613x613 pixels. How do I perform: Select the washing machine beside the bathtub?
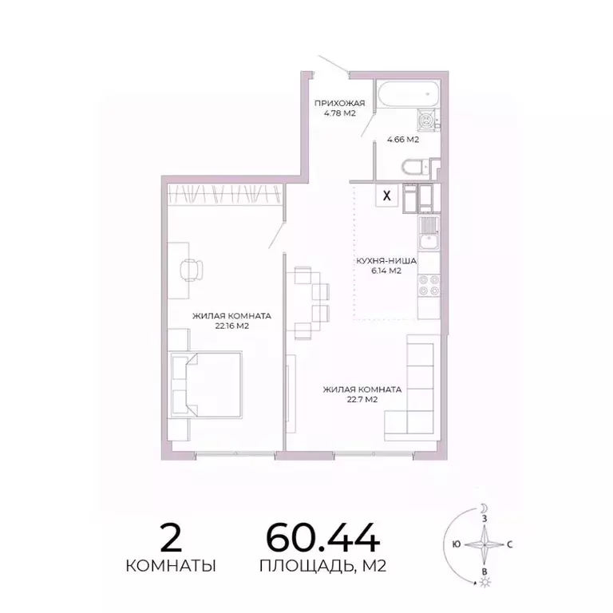[428, 121]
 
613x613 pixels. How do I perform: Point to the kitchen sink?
[428, 233]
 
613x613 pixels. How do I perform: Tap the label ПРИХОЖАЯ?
[339, 103]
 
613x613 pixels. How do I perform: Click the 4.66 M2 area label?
[403, 140]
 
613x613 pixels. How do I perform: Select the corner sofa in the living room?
[416, 383]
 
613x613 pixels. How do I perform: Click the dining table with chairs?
[306, 302]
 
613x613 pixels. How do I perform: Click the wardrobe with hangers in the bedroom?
[225, 194]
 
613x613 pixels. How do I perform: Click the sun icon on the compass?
[483, 582]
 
